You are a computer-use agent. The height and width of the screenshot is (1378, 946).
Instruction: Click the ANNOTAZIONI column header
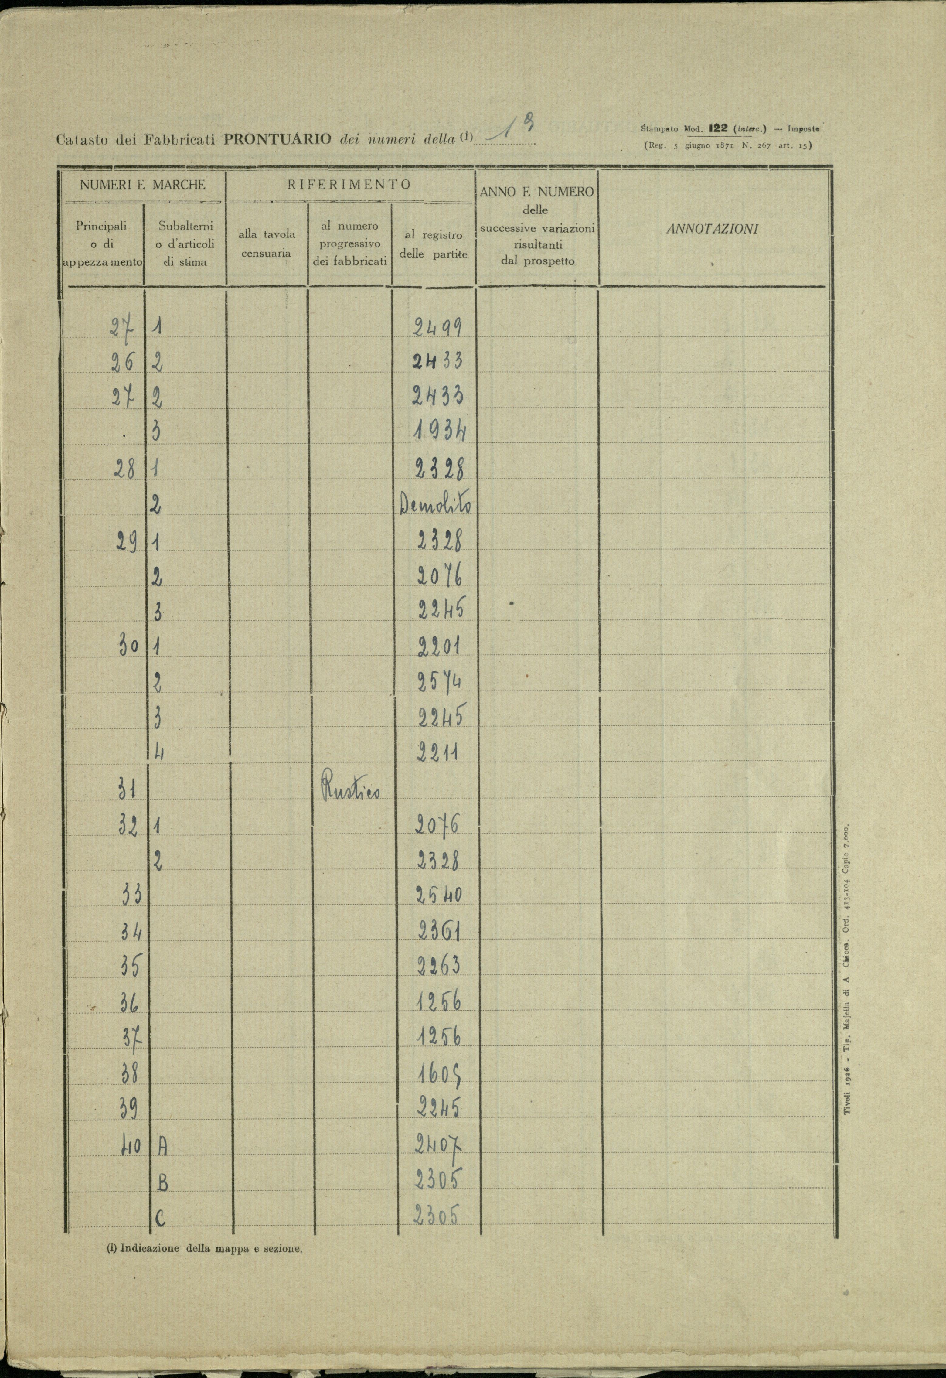click(712, 230)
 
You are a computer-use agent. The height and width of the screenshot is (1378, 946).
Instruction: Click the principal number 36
click(129, 1002)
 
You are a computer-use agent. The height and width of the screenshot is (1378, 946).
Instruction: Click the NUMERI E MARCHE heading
click(143, 184)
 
